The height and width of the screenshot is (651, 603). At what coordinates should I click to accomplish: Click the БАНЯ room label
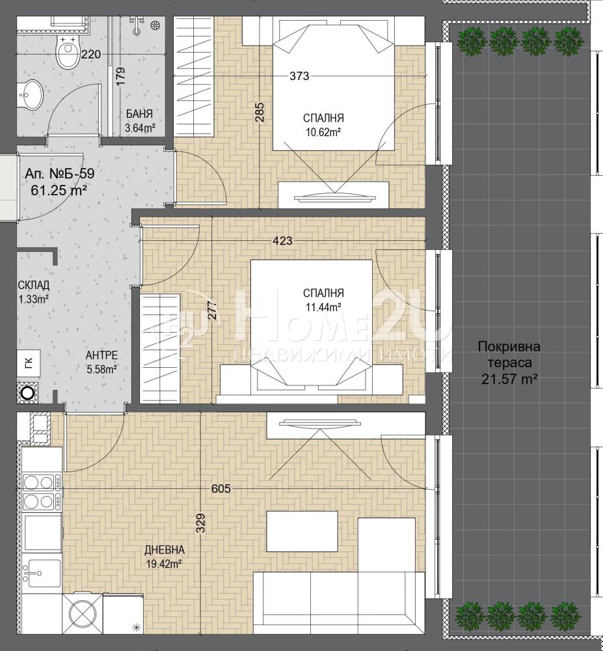(x=139, y=114)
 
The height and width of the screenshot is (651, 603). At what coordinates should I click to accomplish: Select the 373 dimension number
(x=299, y=76)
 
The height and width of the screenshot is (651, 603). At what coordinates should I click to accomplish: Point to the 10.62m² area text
(x=323, y=132)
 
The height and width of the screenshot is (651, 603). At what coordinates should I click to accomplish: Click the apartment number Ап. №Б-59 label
(x=59, y=174)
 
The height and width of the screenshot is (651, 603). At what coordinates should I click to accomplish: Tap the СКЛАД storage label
(x=34, y=285)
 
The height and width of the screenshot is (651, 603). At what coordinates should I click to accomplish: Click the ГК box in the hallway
(x=28, y=363)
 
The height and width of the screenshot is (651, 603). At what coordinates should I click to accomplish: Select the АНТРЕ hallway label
(x=101, y=355)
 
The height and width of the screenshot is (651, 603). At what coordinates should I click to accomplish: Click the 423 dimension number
(x=282, y=240)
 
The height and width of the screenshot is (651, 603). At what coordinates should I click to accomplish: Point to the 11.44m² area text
(x=323, y=307)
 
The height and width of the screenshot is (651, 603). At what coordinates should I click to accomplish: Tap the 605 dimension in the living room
(x=221, y=489)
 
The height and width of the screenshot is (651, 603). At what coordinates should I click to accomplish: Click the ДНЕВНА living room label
(x=165, y=550)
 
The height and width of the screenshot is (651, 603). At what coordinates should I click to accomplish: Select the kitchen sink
(x=41, y=574)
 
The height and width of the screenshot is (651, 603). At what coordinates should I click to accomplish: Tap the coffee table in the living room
(x=302, y=531)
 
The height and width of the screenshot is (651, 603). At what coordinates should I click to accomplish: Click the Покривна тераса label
(x=509, y=354)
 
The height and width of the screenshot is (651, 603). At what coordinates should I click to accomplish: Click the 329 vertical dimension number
(x=201, y=524)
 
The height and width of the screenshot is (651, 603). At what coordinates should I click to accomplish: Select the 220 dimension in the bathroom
(x=91, y=54)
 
